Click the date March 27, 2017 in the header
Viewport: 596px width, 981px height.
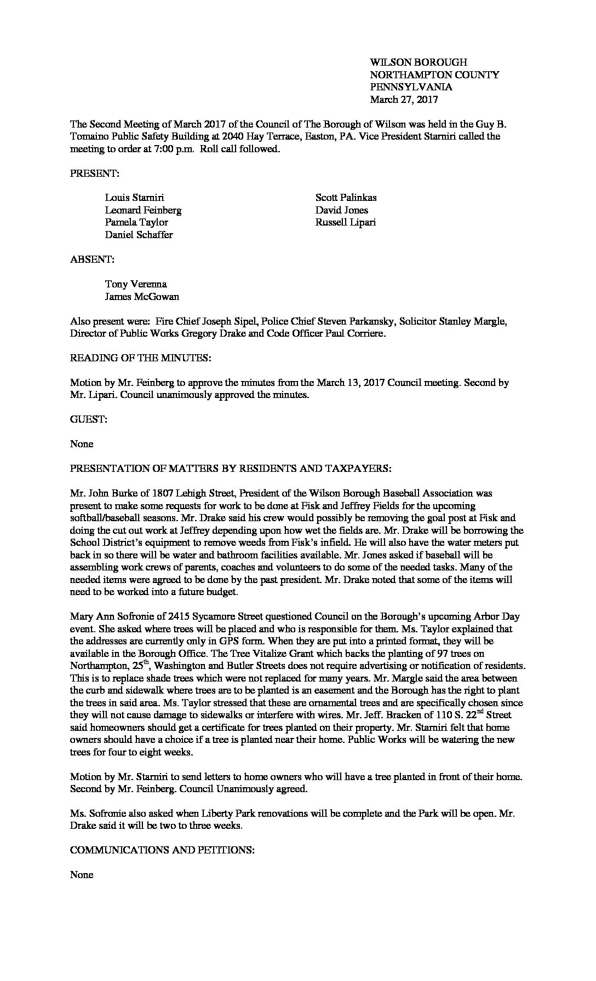(404, 100)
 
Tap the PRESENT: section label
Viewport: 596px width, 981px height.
(95, 174)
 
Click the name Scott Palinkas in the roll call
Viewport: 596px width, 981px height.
(346, 198)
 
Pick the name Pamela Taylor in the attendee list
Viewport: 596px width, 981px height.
(136, 222)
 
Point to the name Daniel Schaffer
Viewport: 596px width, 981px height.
(139, 235)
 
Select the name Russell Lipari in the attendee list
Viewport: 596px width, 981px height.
(345, 222)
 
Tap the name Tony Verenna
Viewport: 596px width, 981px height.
(136, 284)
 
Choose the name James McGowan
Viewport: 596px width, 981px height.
(142, 297)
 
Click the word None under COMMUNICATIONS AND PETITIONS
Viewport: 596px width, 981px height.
(82, 875)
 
